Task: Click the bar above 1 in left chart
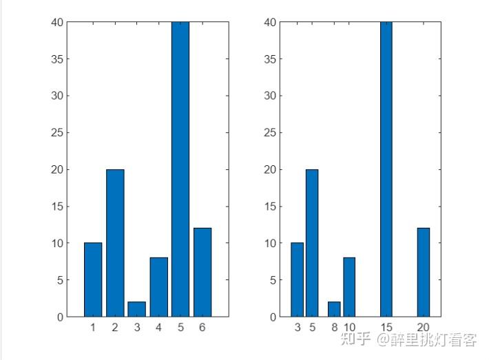point(93,279)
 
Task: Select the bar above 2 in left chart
point(115,243)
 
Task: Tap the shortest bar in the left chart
point(136,309)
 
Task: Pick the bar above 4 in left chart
point(158,287)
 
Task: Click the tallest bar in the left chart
point(180,169)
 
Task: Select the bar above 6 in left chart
point(202,273)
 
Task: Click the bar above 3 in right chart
point(298,279)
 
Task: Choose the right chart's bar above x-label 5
point(312,243)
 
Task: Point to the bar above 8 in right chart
point(334,309)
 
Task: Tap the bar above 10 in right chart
point(349,287)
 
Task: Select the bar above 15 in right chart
point(386,169)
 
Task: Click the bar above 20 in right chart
point(424,273)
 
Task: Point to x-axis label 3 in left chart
point(137,327)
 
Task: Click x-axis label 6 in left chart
point(202,327)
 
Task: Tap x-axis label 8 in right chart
point(335,327)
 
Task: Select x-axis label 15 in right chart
point(386,327)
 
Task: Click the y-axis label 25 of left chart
point(57,133)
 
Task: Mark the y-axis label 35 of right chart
point(270,59)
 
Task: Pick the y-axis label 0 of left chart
point(61,317)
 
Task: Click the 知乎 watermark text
point(355,339)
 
